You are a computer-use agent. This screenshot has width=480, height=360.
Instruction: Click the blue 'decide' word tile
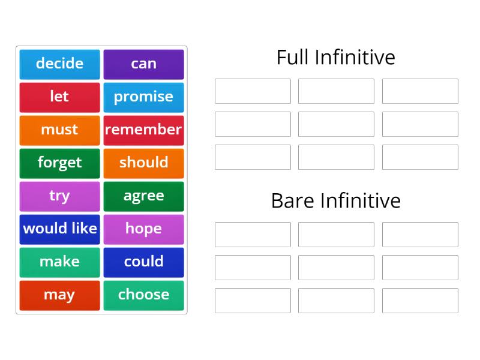pos(59,64)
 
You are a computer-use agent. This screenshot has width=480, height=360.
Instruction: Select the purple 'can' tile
pos(143,64)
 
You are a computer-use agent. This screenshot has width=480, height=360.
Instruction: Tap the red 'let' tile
pos(59,97)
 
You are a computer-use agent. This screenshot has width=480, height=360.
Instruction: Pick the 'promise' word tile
pos(143,97)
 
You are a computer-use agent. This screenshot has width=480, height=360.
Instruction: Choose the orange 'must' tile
pos(59,130)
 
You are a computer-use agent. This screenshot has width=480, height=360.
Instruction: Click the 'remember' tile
pos(143,130)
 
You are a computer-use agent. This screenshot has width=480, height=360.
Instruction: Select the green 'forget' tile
pos(59,163)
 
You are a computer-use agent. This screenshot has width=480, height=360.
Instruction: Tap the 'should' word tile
pos(143,163)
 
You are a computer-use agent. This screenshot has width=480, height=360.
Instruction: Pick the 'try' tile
pos(59,196)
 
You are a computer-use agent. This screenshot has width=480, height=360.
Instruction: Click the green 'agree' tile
pos(143,196)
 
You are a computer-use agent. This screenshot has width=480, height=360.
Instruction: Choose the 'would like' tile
pos(59,229)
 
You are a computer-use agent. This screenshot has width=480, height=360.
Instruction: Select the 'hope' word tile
pos(143,229)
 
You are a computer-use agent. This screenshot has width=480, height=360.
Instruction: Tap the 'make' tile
pos(59,262)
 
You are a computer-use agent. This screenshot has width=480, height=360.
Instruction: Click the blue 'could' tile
pos(143,262)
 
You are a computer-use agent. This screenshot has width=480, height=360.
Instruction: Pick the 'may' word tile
pos(59,295)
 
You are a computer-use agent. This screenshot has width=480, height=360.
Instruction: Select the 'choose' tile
pos(143,295)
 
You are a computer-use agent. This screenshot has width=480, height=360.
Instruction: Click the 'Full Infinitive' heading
pos(336,58)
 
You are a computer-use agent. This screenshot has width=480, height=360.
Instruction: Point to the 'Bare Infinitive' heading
pos(336,200)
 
